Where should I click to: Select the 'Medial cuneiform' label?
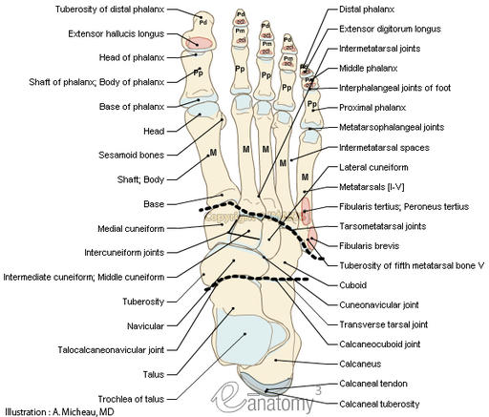130,229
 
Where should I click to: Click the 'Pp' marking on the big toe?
198,73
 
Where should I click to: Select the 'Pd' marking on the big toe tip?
202,19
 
